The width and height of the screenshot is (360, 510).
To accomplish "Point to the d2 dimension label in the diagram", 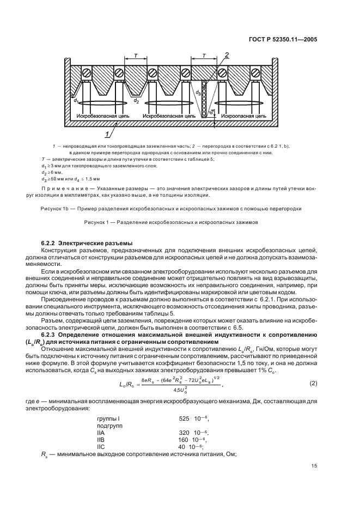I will [136, 101].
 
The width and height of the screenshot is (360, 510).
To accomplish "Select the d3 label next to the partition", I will [198, 93].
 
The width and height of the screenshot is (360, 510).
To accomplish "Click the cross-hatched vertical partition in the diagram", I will [205, 98].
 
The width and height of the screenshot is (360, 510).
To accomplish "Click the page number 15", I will [314, 465].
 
